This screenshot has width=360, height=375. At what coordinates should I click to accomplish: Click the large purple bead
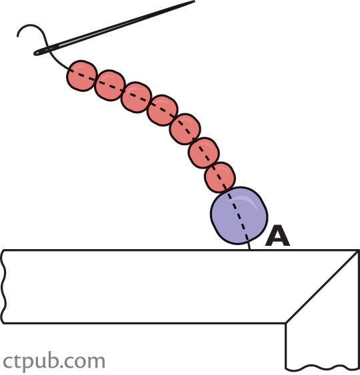(x=239, y=216)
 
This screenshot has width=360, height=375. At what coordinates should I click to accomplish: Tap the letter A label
(x=277, y=236)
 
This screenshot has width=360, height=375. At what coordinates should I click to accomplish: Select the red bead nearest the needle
(x=82, y=75)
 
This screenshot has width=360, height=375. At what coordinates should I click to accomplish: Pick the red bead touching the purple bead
(x=220, y=177)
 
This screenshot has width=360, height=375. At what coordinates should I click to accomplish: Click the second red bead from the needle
(x=110, y=85)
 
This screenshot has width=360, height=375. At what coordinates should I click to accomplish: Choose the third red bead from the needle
(x=137, y=97)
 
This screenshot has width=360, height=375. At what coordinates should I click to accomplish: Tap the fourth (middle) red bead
(x=163, y=111)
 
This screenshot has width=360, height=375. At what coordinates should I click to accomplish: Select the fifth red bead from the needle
(x=185, y=129)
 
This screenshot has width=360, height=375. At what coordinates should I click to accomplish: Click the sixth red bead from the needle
(x=204, y=153)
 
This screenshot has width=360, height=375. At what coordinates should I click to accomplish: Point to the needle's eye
(x=44, y=51)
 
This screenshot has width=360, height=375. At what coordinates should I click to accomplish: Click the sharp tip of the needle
(x=195, y=1)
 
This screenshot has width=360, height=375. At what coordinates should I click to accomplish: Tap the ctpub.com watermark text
(x=54, y=362)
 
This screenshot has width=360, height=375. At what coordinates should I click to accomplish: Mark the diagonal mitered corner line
(x=323, y=286)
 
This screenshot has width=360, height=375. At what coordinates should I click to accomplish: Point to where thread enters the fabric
(x=250, y=250)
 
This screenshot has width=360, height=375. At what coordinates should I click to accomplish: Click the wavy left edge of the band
(x=3, y=286)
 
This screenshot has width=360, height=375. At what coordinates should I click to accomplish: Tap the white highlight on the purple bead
(x=249, y=201)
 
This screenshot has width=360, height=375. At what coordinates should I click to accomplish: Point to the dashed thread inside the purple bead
(x=238, y=215)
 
